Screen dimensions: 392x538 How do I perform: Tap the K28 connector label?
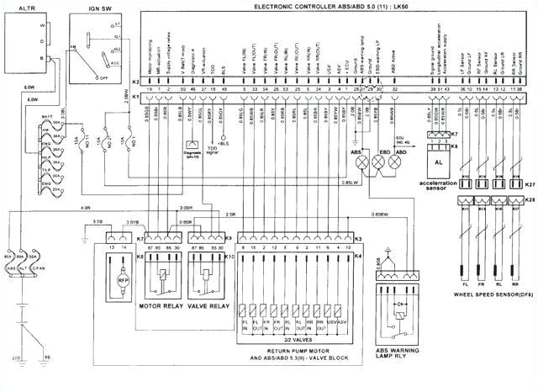[x=528, y=199]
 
